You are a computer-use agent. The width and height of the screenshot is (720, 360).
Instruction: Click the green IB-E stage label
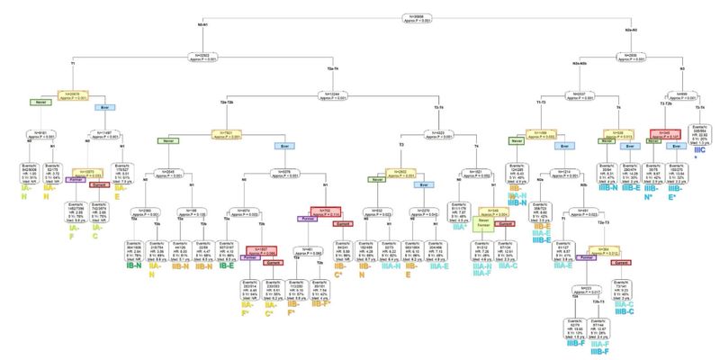tap(226, 241)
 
